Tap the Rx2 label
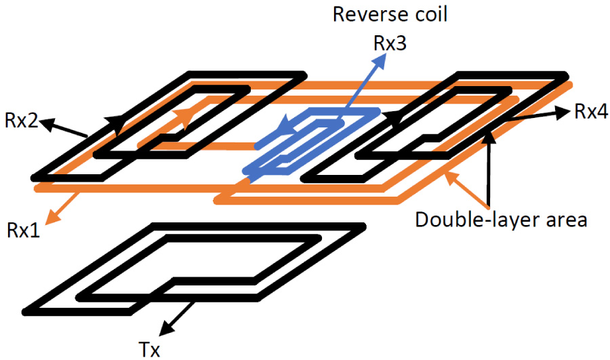coord(20,121)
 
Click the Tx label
coord(151,348)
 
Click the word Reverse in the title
coord(364,14)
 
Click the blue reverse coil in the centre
coord(312,139)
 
